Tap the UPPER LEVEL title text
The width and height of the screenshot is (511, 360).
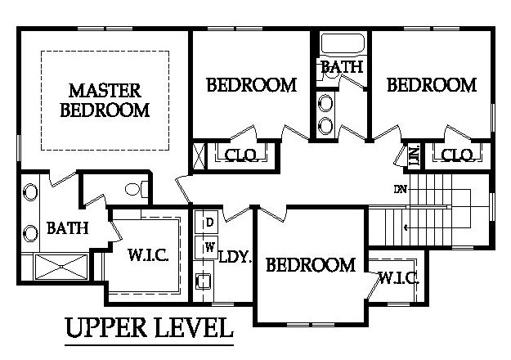148,329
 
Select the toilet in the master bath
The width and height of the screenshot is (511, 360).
136,190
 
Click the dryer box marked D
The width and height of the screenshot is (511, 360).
208,222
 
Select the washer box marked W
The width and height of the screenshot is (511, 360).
208,245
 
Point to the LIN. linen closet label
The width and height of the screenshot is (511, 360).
414,155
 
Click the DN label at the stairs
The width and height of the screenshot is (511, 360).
400,190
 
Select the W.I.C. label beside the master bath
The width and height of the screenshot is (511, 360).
148,255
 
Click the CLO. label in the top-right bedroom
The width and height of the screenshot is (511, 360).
456,155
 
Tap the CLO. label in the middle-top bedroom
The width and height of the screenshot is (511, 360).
241,155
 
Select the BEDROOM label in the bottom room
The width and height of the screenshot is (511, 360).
311,264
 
